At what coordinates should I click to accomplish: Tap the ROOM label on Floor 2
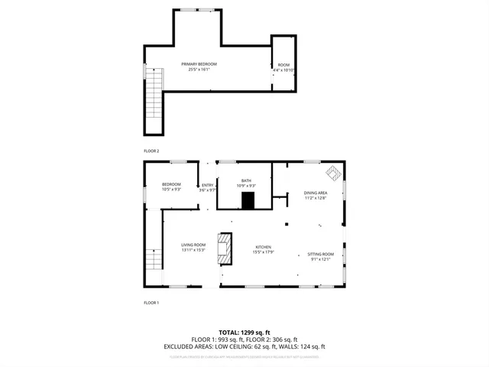[283, 65]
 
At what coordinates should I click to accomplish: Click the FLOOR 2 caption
[151, 151]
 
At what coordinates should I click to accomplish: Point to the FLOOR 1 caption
[151, 303]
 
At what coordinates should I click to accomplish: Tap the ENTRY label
[207, 185]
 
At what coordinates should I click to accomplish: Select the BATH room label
[246, 181]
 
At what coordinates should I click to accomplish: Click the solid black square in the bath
[248, 200]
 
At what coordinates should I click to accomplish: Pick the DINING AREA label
[316, 193]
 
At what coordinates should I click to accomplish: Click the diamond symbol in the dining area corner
[334, 172]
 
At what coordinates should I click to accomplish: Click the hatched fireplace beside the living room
[225, 248]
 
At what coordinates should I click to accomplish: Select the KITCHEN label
[264, 247]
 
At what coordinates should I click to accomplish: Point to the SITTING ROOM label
[320, 254]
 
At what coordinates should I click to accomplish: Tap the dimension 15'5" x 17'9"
[264, 252]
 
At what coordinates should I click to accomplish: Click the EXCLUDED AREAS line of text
[244, 346]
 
